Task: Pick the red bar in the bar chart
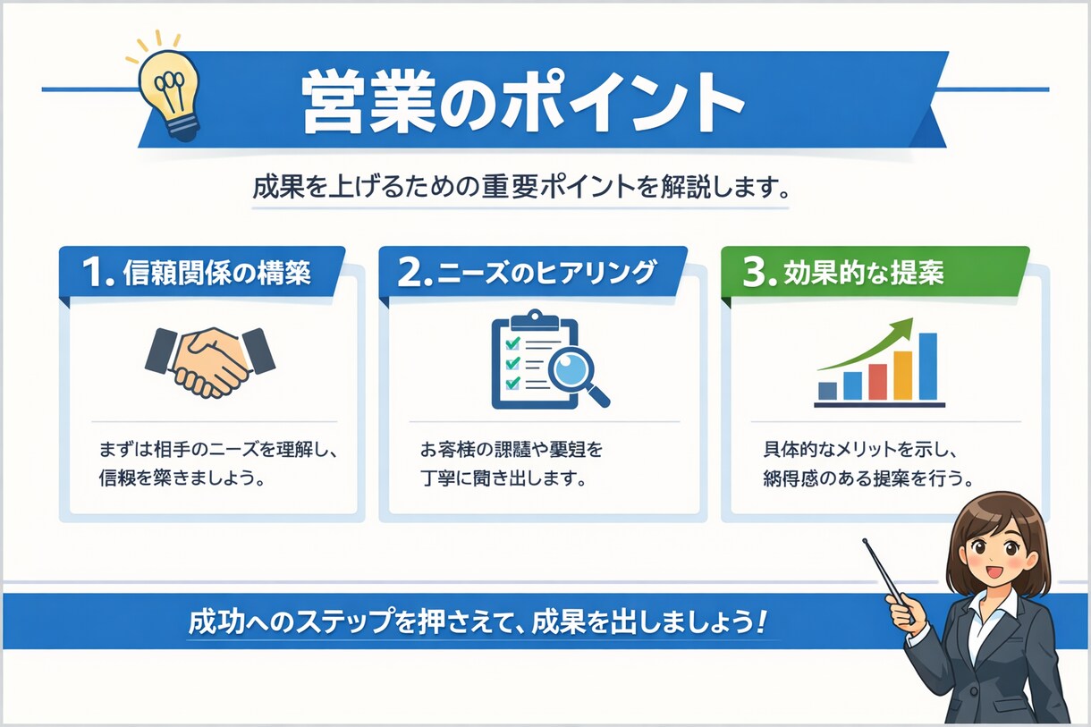point(877,381)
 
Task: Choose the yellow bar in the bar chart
point(902,375)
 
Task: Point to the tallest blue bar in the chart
point(927,366)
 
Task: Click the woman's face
point(995,548)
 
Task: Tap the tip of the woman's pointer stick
point(866,541)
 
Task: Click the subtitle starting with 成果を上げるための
point(520,190)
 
